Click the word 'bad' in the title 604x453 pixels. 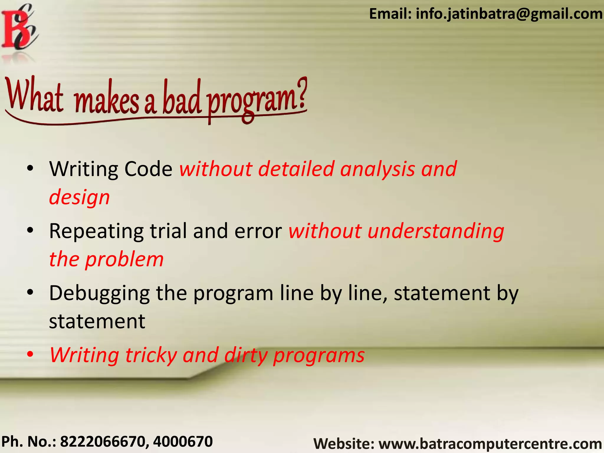[x=182, y=99]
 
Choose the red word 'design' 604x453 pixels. [x=79, y=197]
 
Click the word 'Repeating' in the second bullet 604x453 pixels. [x=96, y=231]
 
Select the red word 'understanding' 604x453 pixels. [x=436, y=231]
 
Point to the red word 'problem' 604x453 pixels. [x=124, y=260]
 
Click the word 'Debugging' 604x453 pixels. [x=99, y=293]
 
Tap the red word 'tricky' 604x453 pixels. [x=151, y=355]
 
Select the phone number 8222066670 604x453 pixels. [x=102, y=442]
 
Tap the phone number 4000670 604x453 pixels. [x=183, y=442]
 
